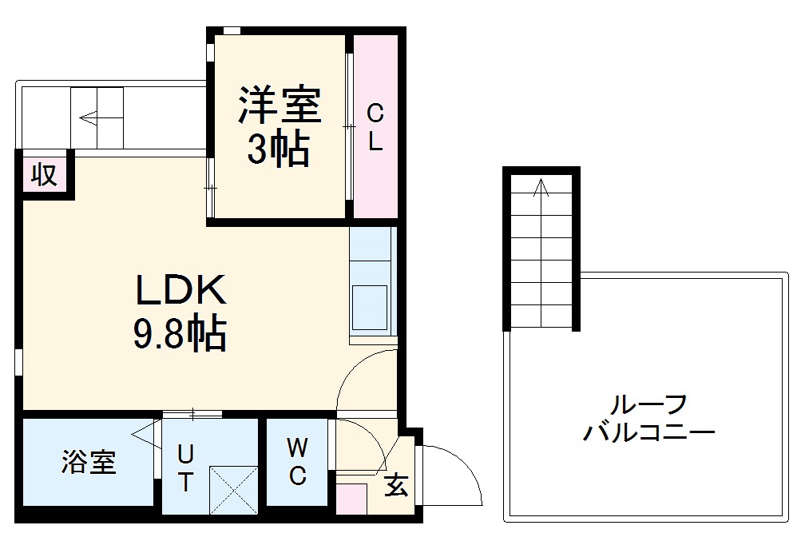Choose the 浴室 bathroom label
89,462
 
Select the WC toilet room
296,462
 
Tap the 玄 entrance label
395,485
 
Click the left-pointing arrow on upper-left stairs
89,119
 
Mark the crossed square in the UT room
232,489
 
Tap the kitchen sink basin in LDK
371,307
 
